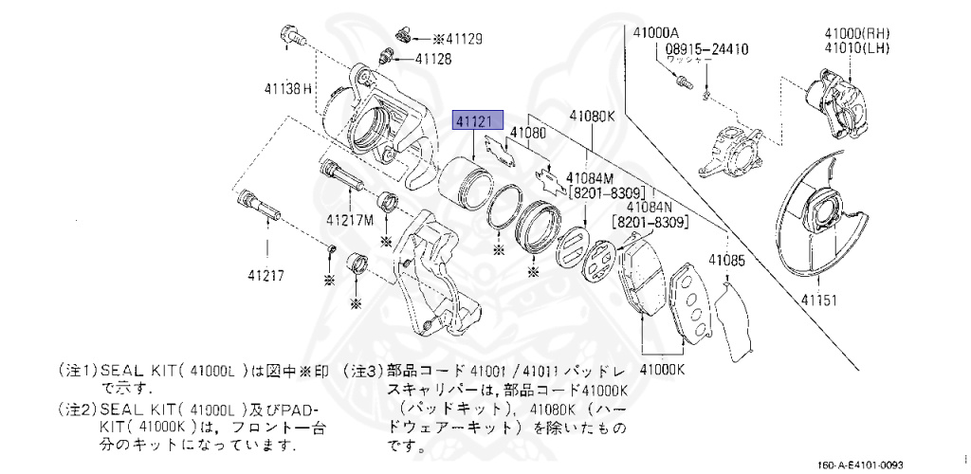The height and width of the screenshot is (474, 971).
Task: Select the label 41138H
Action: point(288,89)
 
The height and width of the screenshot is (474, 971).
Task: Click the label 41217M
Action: point(351,220)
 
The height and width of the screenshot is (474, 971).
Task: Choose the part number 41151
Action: point(822,300)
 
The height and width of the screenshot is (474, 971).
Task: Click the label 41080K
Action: point(593,118)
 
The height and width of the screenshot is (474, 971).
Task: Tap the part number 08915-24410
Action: point(706,47)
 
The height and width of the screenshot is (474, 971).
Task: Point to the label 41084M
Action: point(591,177)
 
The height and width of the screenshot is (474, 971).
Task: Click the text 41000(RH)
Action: point(849,32)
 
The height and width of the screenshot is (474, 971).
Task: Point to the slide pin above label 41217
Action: point(257,208)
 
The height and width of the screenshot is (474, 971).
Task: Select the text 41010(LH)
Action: point(849,46)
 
